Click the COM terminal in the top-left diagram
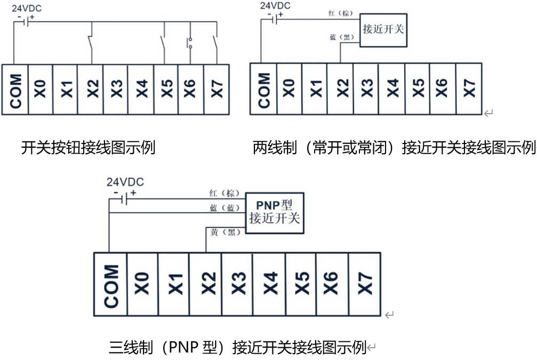click(15, 90)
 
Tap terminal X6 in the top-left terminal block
click(191, 90)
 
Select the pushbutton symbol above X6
click(189, 43)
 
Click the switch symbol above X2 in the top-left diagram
click(91, 43)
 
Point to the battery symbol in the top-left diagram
click(26, 21)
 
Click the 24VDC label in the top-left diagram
click(26, 8)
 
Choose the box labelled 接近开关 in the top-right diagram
click(383, 30)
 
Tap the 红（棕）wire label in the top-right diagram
click(340, 13)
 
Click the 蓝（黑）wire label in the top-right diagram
click(341, 37)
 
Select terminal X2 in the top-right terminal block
click(340, 89)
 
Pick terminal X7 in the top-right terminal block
click(469, 89)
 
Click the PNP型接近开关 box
click(275, 213)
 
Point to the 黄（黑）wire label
click(226, 232)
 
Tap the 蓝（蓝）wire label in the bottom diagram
click(225, 207)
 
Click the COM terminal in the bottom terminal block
click(110, 284)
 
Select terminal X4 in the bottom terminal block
click(269, 284)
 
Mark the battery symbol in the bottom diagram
click(124, 199)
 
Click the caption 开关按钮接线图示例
click(88, 148)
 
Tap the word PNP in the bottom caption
click(183, 347)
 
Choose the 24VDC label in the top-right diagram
click(275, 6)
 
